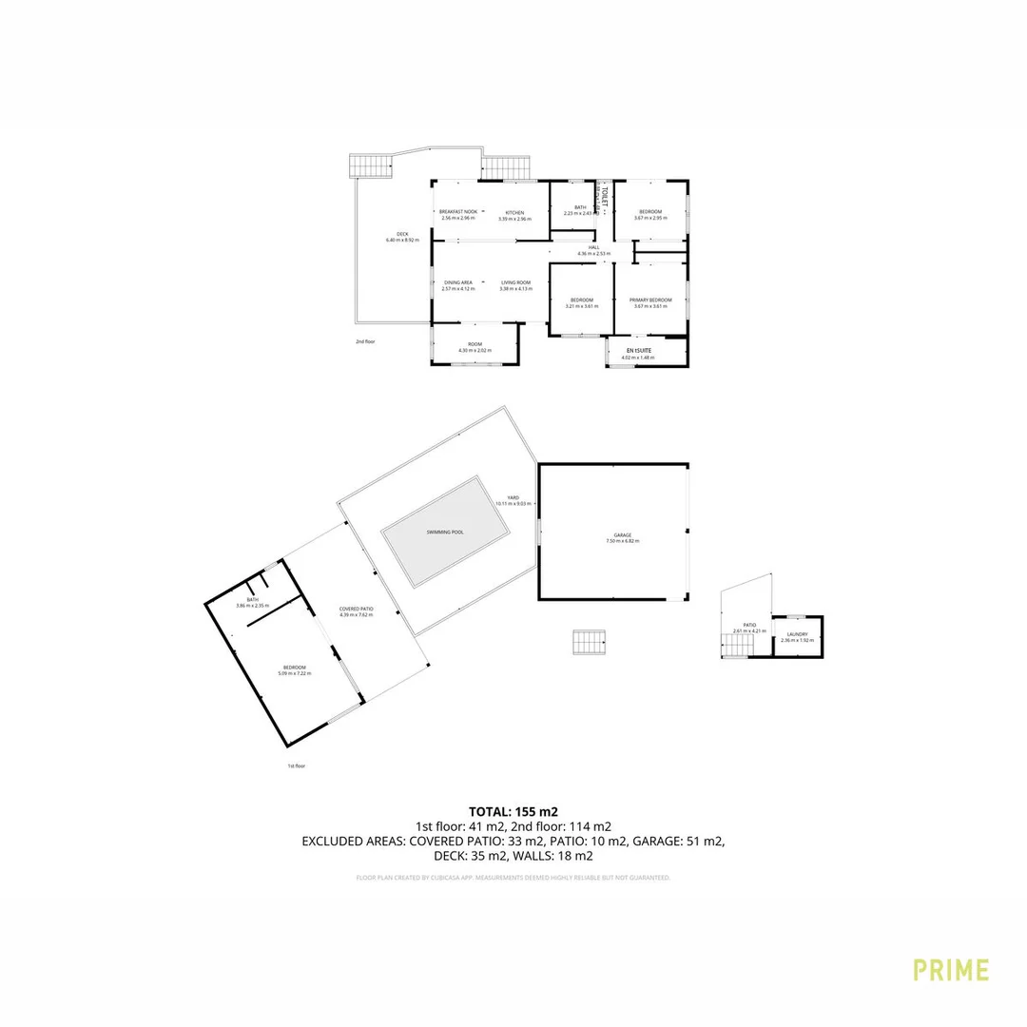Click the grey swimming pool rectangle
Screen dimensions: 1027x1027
pos(445,533)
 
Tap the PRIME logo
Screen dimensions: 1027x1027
pos(951,970)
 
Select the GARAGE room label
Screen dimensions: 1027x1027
pos(623,536)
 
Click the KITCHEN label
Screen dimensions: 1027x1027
pos(514,212)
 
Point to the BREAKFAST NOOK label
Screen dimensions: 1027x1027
pos(457,212)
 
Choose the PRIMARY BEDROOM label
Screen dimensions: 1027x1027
pos(650,300)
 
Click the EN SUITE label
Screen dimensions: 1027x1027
pos(637,351)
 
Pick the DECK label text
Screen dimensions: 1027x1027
pos(402,234)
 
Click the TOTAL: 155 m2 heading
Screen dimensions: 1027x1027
pos(513,812)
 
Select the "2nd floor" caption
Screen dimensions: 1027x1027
pos(365,340)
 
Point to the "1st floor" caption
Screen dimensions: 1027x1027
pos(297,765)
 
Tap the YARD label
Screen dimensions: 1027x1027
pos(513,498)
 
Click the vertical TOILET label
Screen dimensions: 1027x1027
pos(603,196)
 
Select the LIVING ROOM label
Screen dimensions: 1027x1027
pos(515,282)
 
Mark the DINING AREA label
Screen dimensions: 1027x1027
pos(458,282)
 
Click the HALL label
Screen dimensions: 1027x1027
pos(593,247)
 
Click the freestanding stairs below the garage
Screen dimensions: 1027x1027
pos(589,643)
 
